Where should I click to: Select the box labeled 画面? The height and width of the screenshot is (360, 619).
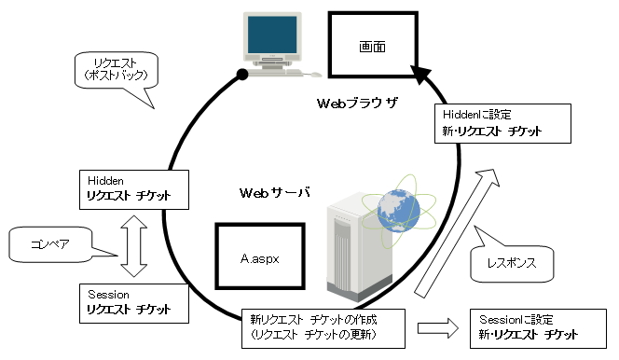coord(372,46)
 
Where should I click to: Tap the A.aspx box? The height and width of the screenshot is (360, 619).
coord(260,253)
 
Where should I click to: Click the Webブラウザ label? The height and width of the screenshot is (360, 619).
coord(355,103)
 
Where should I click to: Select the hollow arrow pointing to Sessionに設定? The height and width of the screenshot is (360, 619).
coord(437,328)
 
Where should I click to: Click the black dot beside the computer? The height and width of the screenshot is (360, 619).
coord(243,73)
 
